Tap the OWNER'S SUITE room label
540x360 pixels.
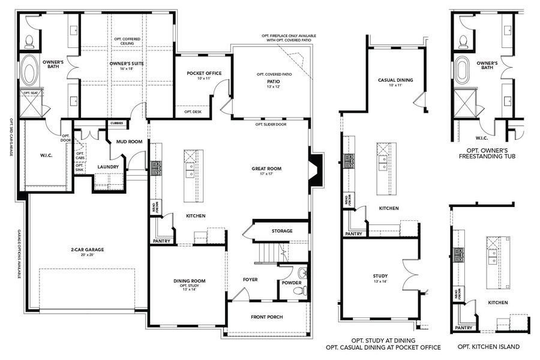pyautogui.click(x=126, y=63)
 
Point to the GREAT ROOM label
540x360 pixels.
pyautogui.click(x=266, y=169)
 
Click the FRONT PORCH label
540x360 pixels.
pyautogui.click(x=267, y=317)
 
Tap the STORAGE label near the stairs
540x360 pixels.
pyautogui.click(x=281, y=231)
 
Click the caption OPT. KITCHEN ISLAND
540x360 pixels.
pyautogui.click(x=488, y=347)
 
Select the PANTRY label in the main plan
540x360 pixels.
pyautogui.click(x=162, y=242)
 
